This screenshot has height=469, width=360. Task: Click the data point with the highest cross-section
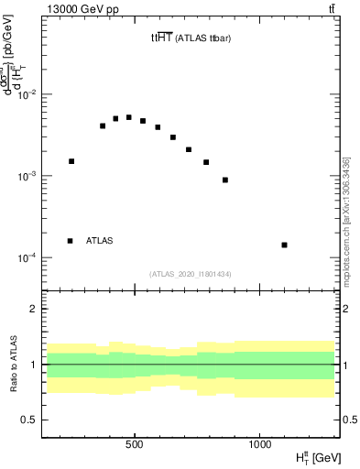point(129,117)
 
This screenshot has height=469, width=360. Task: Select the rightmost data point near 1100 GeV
point(285,245)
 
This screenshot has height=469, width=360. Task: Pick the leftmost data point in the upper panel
point(71,161)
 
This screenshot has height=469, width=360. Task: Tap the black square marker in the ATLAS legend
point(71,241)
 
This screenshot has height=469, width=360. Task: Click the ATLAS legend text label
point(100,241)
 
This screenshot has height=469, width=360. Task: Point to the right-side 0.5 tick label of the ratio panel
point(350,420)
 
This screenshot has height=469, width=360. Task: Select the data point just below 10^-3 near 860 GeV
point(225,180)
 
